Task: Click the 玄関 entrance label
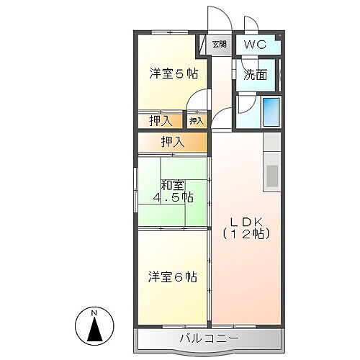click(x=219, y=45)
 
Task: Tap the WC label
click(x=255, y=45)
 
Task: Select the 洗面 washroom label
click(x=254, y=73)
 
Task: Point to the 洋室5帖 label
click(x=174, y=73)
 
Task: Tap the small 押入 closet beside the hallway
click(x=197, y=120)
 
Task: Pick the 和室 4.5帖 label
click(x=173, y=191)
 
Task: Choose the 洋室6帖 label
click(x=174, y=276)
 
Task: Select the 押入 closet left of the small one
click(x=160, y=120)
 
